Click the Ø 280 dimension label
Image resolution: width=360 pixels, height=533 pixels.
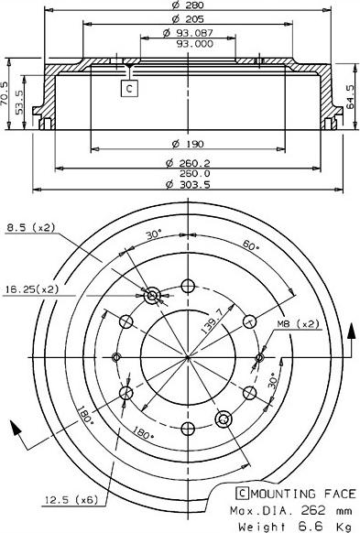(x=187, y=5)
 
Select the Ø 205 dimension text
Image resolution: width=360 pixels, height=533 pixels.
(x=187, y=18)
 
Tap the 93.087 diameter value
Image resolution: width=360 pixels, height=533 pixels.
(x=194, y=33)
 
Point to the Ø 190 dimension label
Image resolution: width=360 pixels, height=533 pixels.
(x=187, y=144)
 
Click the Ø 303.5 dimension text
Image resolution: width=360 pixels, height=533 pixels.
(x=188, y=185)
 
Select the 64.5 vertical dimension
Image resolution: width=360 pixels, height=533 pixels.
(x=350, y=97)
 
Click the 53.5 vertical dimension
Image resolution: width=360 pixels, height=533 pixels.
(x=19, y=102)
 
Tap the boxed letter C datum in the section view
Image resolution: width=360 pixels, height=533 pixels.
(x=129, y=89)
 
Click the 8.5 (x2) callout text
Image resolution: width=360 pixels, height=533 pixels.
(x=30, y=227)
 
